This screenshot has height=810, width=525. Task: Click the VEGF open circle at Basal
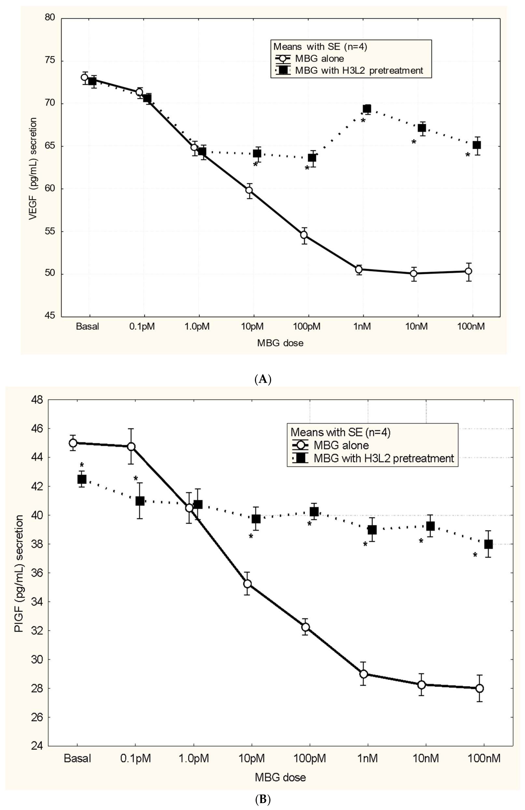(x=84, y=77)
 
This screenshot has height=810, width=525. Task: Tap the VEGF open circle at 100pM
(x=304, y=235)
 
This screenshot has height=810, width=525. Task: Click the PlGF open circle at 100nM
(x=479, y=688)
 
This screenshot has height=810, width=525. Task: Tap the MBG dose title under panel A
(x=280, y=343)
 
